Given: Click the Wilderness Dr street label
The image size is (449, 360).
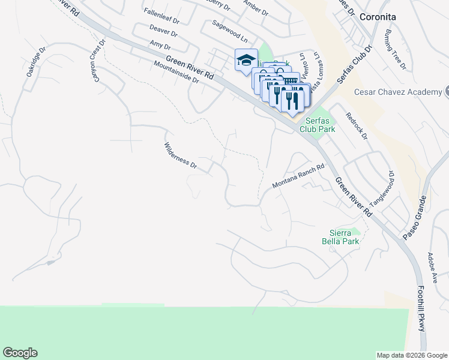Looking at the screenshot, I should [181, 155].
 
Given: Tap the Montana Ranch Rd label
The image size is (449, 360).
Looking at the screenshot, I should [298, 177].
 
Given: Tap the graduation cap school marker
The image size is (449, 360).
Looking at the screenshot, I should [246, 60].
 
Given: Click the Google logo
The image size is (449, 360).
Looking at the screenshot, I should [20, 353].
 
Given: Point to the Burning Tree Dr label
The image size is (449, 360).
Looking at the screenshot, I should [397, 49].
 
